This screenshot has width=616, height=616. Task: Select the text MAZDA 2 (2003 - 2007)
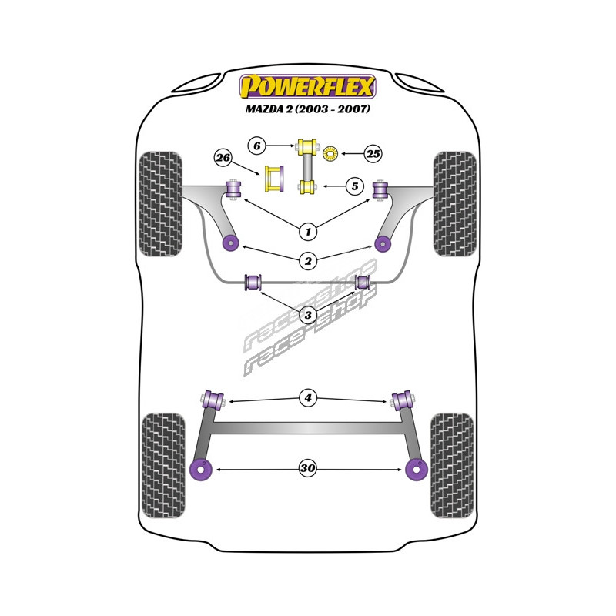tap(308, 109)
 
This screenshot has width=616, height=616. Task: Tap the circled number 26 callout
tap(223, 158)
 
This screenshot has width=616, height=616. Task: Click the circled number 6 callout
tap(257, 145)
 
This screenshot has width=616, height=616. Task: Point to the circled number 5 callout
tap(353, 186)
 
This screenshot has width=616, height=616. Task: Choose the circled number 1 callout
tap(308, 230)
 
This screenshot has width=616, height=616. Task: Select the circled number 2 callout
tap(308, 261)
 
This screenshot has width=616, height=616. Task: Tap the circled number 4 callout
tap(308, 398)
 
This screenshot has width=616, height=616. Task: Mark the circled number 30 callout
tap(308, 468)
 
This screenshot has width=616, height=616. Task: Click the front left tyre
tap(161, 203)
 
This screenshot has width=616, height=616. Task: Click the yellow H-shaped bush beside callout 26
tap(274, 179)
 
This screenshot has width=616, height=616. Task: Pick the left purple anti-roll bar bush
tap(252, 283)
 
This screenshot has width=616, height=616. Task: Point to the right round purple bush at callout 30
tap(417, 468)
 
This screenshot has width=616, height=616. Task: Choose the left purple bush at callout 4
tap(213, 400)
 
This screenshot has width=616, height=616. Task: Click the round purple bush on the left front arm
tap(229, 243)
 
